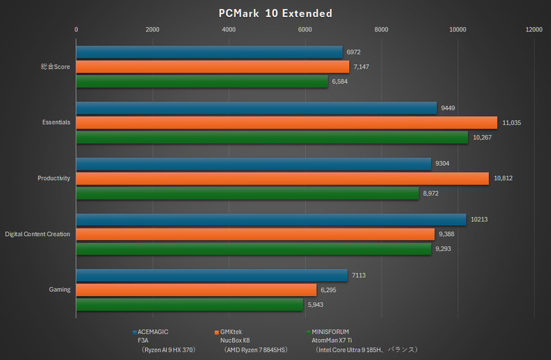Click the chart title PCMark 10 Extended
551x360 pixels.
coord(275,13)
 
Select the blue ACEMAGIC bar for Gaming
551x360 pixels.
coord(211,275)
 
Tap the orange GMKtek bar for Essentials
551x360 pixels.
coord(286,123)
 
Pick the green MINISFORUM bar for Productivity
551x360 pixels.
coord(247,193)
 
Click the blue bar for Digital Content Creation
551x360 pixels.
coord(271,220)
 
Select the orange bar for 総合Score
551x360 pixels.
coord(212,67)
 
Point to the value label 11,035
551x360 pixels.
coord(512,123)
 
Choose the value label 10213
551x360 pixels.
coord(477,220)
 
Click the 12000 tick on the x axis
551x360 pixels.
coord(533,30)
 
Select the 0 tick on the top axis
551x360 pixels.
coord(76,30)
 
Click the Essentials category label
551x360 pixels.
coord(56,123)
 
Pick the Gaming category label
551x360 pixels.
coord(59,290)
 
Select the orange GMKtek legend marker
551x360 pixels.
coord(218,332)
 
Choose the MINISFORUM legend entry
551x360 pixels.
coord(335,332)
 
